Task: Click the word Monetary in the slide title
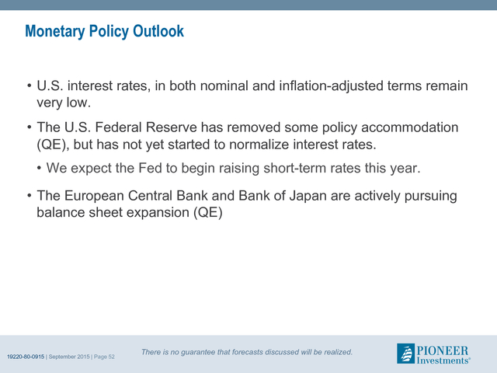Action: point(55,31)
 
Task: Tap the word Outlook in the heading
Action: point(158,31)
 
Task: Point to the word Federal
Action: point(120,127)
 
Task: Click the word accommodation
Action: point(409,127)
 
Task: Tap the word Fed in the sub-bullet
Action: point(150,168)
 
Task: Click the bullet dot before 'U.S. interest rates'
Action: point(30,85)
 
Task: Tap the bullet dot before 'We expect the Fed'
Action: point(39,168)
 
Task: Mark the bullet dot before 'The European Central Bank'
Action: point(30,195)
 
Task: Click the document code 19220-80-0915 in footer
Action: point(26,357)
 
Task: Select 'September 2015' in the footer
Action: point(69,357)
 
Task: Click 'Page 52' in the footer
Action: point(104,357)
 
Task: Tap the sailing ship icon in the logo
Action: point(405,354)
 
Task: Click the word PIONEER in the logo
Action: point(443,350)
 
